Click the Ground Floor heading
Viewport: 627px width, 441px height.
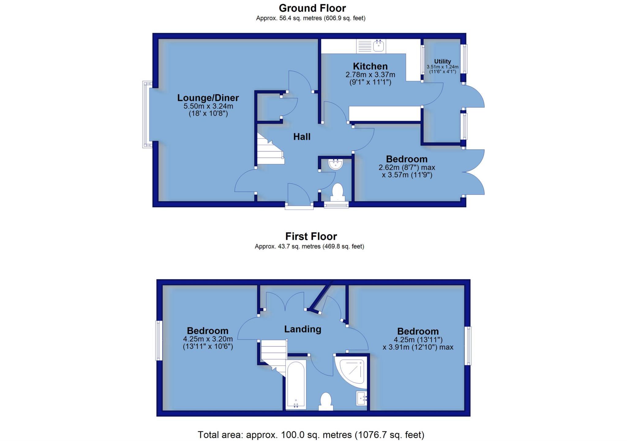point(312,8)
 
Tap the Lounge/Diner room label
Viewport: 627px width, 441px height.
point(208,98)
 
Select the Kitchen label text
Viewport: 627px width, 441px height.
point(370,66)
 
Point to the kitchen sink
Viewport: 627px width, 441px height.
point(378,46)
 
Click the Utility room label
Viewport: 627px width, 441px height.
point(442,61)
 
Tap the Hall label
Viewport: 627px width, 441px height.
point(302,137)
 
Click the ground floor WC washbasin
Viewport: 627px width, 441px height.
point(336,164)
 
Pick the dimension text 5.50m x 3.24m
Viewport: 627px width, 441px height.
point(208,106)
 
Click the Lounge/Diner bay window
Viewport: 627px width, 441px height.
point(147,114)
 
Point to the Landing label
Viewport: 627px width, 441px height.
point(302,329)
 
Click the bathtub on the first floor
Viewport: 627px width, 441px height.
point(296,384)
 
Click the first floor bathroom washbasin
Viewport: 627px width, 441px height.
point(362,398)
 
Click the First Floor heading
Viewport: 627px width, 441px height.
point(311,236)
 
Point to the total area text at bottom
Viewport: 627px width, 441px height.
point(311,435)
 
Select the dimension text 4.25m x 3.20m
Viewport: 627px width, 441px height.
point(208,339)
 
